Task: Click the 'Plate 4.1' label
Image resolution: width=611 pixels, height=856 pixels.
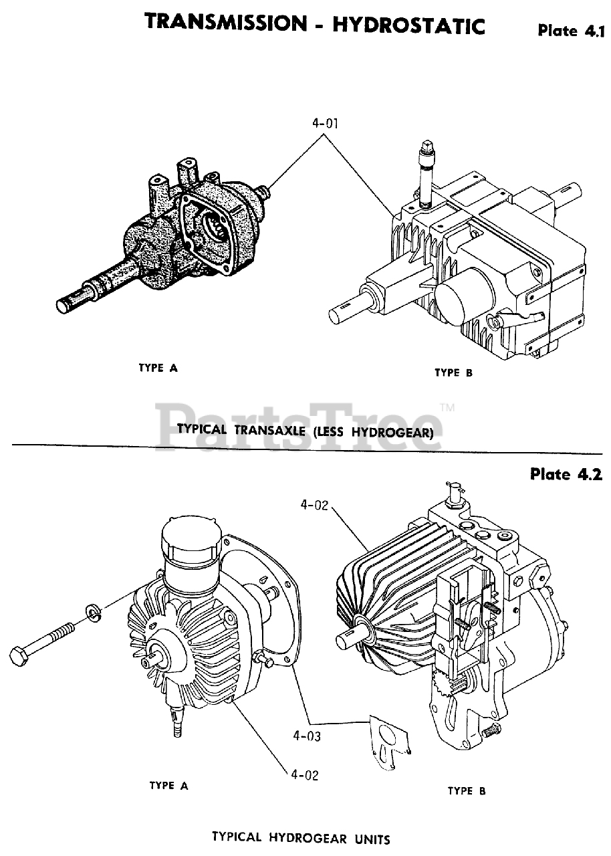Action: click(x=570, y=31)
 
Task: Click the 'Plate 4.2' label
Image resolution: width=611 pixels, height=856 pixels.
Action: click(x=566, y=474)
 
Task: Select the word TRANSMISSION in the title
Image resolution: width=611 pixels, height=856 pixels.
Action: click(x=225, y=23)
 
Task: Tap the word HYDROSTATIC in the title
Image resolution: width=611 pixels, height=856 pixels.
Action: click(x=408, y=25)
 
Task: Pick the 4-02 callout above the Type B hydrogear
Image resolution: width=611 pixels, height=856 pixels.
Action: click(x=314, y=506)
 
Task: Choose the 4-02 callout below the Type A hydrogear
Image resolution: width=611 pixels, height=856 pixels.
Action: click(x=304, y=775)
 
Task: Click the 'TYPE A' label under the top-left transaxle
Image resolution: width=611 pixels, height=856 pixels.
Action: click(x=158, y=367)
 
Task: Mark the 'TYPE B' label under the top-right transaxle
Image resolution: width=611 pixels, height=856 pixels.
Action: click(x=453, y=373)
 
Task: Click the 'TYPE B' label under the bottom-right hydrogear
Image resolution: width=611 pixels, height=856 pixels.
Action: click(x=467, y=791)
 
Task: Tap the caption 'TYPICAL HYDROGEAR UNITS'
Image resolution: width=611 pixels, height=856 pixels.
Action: click(x=301, y=837)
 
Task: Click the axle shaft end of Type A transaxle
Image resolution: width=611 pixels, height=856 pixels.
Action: click(x=66, y=304)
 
